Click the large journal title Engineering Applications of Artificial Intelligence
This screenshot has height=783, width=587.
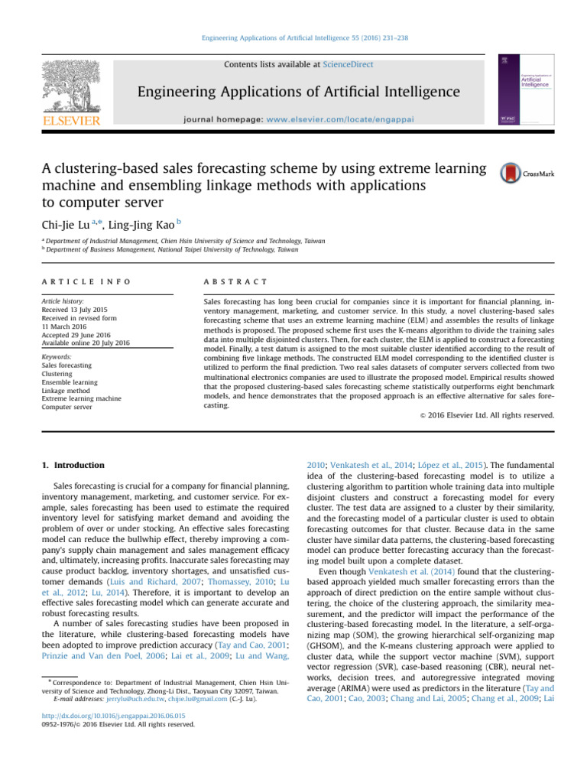(299, 93)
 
